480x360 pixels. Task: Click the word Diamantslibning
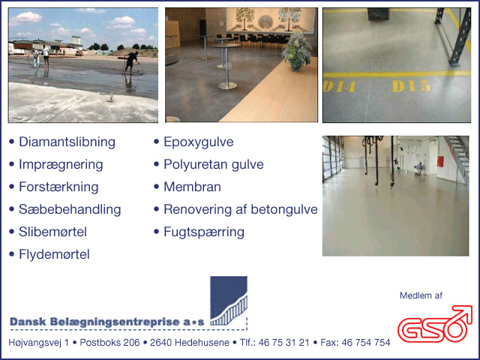click(67, 142)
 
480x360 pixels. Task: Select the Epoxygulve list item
click(193, 142)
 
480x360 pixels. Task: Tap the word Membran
click(192, 187)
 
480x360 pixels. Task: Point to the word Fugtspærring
click(204, 232)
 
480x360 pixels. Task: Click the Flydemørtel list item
click(49, 254)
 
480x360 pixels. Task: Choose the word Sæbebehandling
click(70, 210)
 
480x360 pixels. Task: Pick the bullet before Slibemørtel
click(12, 232)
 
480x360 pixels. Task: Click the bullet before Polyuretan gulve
click(157, 164)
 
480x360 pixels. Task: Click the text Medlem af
click(421, 295)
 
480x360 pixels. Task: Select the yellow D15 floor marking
click(411, 86)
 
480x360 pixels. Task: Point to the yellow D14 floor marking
click(340, 86)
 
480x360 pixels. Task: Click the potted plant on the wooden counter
click(296, 52)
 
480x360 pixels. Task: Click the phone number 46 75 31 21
click(283, 343)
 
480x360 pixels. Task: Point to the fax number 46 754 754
click(366, 343)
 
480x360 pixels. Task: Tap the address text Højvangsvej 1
click(39, 343)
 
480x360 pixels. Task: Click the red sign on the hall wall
click(440, 161)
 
